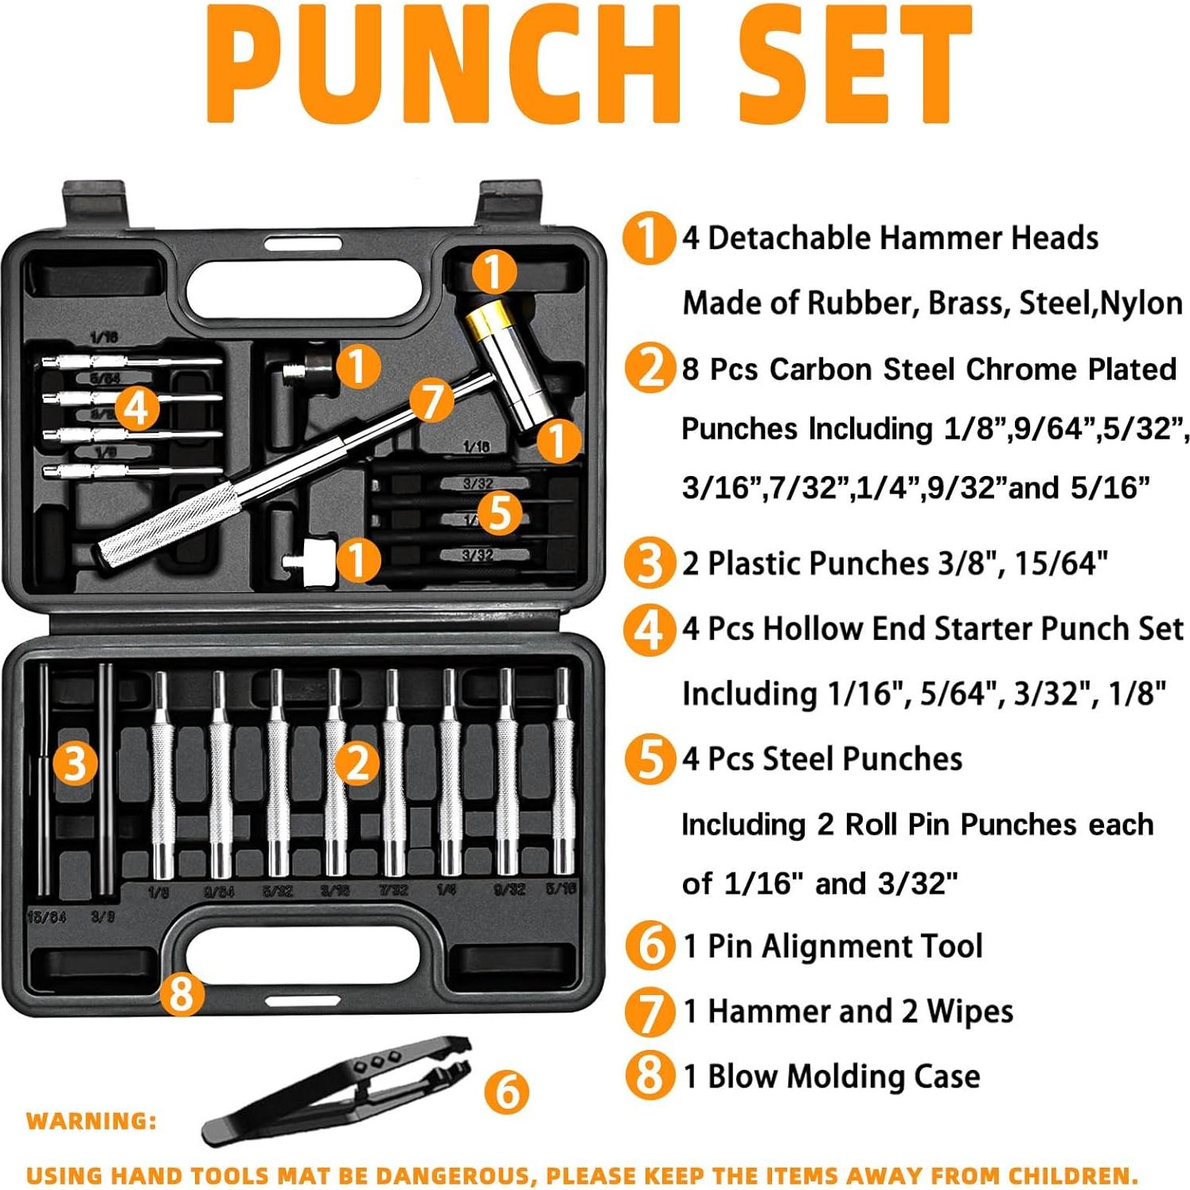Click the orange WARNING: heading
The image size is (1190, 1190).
coord(92,1121)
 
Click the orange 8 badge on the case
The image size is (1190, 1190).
coord(181,994)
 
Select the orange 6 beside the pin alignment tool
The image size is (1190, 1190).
coord(507,1091)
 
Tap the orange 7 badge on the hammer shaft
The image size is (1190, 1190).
coord(431,400)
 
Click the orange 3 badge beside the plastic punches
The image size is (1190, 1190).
coord(75,763)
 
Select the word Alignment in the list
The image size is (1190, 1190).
coord(844,946)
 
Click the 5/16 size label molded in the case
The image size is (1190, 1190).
coord(561,888)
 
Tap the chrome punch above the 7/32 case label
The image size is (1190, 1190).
coord(392,772)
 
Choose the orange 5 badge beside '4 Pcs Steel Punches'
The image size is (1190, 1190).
coord(650,759)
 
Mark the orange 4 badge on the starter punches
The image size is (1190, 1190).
coord(137,408)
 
